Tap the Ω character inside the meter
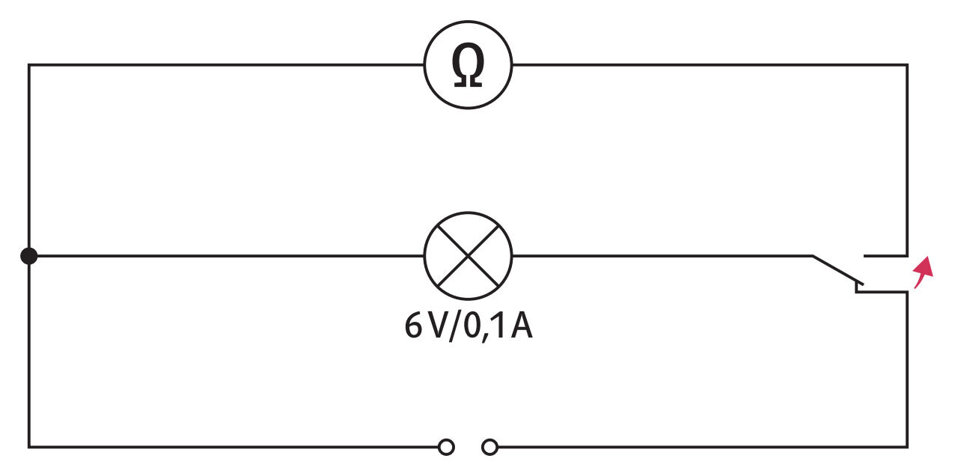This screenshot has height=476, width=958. tap(468, 65)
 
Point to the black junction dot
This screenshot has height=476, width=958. tap(29, 256)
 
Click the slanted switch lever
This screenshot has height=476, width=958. tap(838, 270)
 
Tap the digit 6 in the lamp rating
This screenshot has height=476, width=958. tap(414, 326)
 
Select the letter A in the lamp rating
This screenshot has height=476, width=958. tap(522, 326)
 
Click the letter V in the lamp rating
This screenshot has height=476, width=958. tap(439, 326)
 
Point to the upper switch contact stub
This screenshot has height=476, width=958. tap(885, 256)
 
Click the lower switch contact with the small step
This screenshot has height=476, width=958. tap(881, 292)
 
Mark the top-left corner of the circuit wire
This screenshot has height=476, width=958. tap(29, 65)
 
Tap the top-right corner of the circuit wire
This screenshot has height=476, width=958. tap(907, 65)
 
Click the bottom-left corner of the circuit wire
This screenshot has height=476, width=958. tap(29, 448)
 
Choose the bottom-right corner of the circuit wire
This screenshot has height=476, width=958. tap(907, 448)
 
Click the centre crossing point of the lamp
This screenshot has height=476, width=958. tap(468, 256)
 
